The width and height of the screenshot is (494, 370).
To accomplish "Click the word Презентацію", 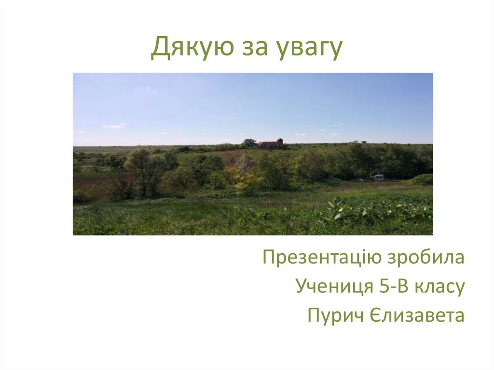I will tap(322, 258).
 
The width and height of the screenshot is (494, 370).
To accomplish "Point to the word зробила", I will tap(426, 258).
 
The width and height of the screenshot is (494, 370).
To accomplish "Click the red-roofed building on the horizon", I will tap(270, 143).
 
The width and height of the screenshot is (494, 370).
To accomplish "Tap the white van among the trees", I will tap(379, 177).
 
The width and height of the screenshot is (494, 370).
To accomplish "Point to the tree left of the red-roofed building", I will tap(249, 142).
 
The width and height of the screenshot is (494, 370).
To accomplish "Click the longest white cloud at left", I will tap(113, 126).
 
